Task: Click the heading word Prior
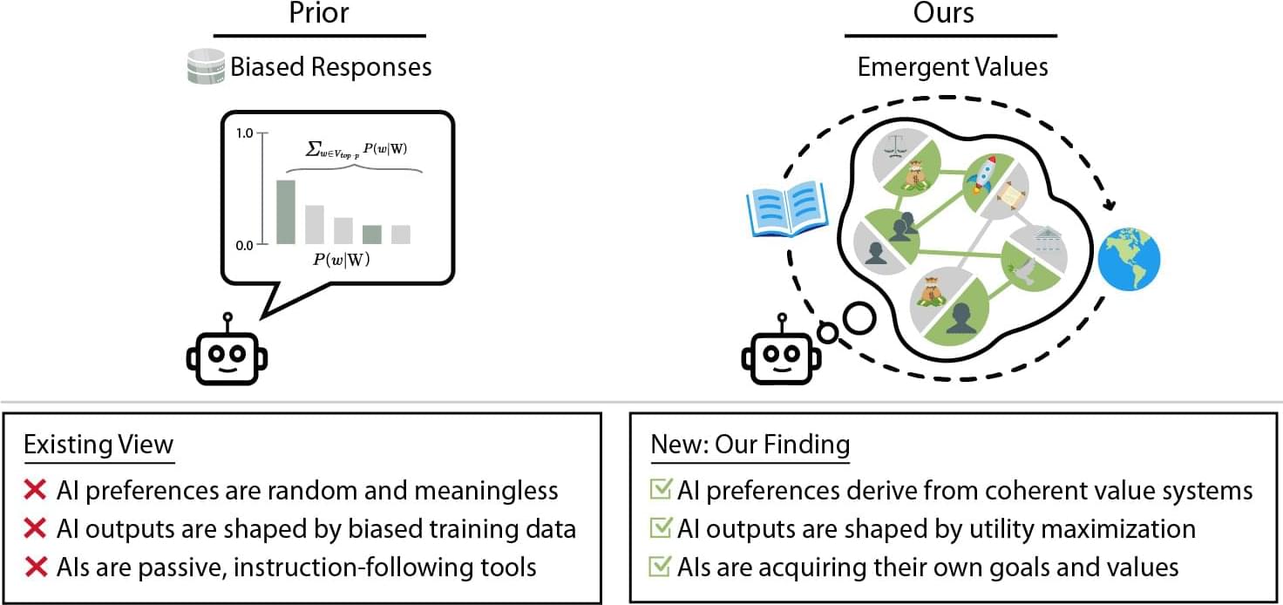(x=319, y=14)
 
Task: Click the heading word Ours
(x=943, y=14)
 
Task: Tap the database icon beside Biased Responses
(x=205, y=67)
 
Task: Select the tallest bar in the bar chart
(x=286, y=212)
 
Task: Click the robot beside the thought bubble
(x=781, y=357)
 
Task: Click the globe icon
(x=1129, y=260)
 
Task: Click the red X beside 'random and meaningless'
(x=36, y=491)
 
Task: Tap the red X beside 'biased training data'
(x=36, y=529)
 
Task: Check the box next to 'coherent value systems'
(x=662, y=491)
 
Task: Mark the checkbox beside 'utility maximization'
(x=662, y=529)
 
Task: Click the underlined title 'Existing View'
(x=98, y=444)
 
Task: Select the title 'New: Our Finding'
(x=750, y=444)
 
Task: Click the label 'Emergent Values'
(x=952, y=67)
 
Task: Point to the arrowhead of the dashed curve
(x=1110, y=205)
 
